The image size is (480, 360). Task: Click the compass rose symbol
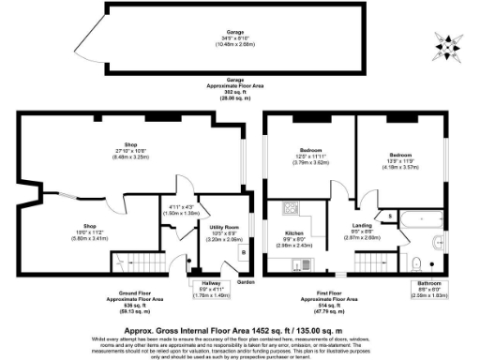pyautogui.click(x=447, y=42)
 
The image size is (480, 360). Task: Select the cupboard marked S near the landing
pyautogui.click(x=390, y=217)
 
